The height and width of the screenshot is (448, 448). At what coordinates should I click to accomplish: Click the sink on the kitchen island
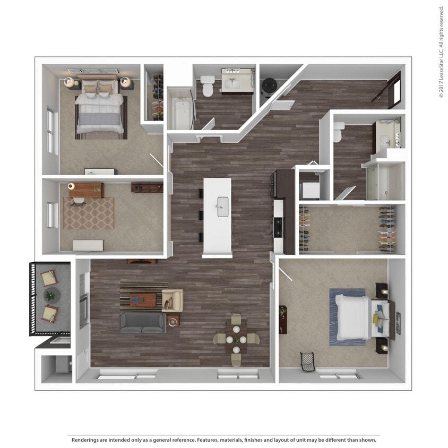pyautogui.click(x=222, y=203)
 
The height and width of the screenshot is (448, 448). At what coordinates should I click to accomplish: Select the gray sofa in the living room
pyautogui.click(x=142, y=323)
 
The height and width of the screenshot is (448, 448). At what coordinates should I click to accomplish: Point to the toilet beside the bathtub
pyautogui.click(x=208, y=87)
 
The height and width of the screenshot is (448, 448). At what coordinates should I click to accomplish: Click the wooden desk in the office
pyautogui.click(x=85, y=189)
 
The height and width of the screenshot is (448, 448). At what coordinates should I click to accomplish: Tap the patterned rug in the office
pyautogui.click(x=89, y=213)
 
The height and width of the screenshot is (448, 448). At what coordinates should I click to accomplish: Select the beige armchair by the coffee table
pyautogui.click(x=173, y=300)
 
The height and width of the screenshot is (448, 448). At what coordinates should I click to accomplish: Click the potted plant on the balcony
pyautogui.click(x=50, y=295)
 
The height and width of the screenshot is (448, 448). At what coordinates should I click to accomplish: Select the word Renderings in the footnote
pyautogui.click(x=85, y=440)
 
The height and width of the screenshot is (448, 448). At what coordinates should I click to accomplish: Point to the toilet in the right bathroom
pyautogui.click(x=338, y=132)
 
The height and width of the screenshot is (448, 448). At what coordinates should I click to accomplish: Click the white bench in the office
pyautogui.click(x=88, y=245)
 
